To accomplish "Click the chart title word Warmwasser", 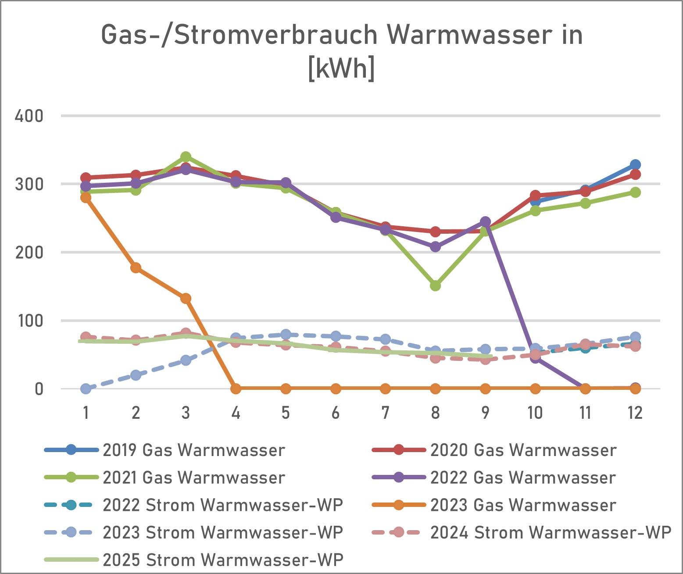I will [468, 35].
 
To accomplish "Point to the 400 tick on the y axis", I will [29, 116].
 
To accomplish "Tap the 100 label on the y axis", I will [30, 321].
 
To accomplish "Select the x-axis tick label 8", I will [435, 413].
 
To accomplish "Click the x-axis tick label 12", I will [635, 413].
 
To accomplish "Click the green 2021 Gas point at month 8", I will [435, 286].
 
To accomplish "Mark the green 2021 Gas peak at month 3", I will [186, 157].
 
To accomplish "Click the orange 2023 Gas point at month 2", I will [136, 267].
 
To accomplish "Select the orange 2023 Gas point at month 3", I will [186, 299].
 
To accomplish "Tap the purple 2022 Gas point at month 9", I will [485, 221].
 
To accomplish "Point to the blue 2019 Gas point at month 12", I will [635, 165].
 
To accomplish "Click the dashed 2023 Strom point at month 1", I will [86, 389].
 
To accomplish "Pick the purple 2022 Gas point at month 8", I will [435, 247].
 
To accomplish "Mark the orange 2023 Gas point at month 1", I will [86, 198].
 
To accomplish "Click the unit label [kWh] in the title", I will [341, 68].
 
